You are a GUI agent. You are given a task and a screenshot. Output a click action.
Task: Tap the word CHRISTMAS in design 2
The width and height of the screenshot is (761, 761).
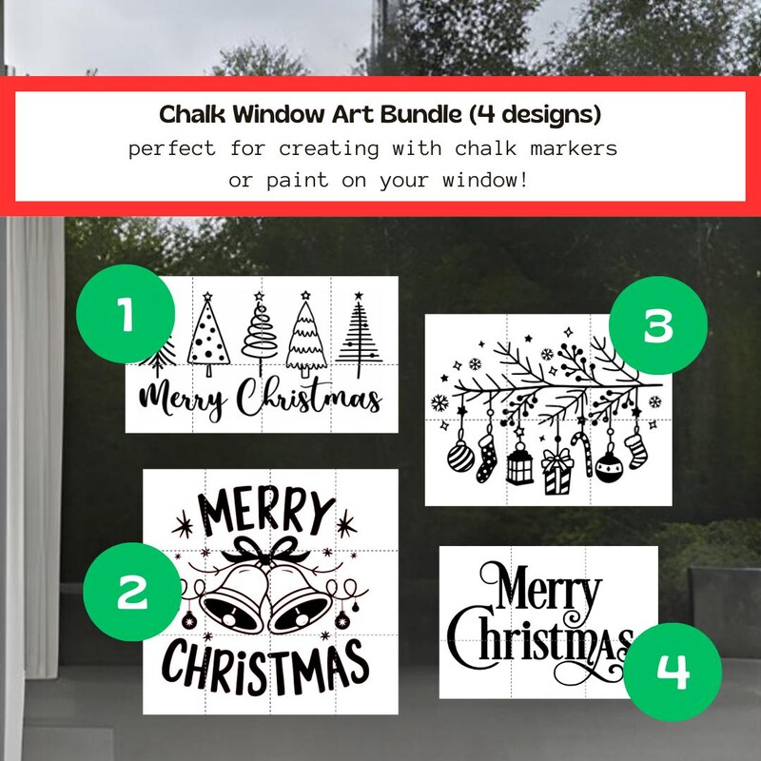pyautogui.click(x=264, y=663)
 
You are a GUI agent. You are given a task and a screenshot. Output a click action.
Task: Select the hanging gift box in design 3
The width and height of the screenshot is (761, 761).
pyautogui.click(x=556, y=471)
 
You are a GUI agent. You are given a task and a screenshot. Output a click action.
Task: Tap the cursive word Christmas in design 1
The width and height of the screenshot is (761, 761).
pyautogui.click(x=309, y=400)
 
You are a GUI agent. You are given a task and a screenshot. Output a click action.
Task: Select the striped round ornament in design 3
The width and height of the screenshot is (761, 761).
pyautogui.click(x=460, y=458)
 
